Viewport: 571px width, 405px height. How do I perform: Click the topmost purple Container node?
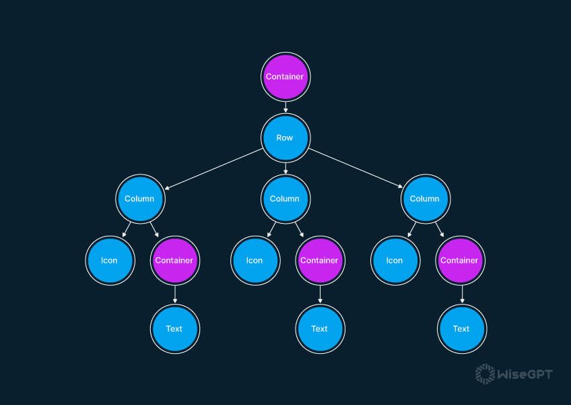(x=285, y=76)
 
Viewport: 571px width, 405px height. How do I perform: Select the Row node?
(x=285, y=137)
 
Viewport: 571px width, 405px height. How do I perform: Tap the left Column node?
(x=139, y=199)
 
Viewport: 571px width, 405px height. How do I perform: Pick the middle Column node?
(x=285, y=199)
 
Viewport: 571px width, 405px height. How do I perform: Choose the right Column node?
(x=425, y=199)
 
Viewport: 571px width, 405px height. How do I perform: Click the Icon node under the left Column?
(x=109, y=260)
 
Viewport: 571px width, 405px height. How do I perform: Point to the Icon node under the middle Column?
(x=255, y=260)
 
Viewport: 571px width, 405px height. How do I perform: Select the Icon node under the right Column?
(x=395, y=260)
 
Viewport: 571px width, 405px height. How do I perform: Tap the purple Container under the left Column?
(x=174, y=260)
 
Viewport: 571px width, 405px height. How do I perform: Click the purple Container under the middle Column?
(x=319, y=260)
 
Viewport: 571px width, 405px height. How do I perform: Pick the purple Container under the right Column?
(x=459, y=260)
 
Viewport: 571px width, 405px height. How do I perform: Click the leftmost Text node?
(x=174, y=328)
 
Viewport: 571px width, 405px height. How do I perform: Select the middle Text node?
(x=320, y=328)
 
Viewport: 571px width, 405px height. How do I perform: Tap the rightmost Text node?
(x=461, y=328)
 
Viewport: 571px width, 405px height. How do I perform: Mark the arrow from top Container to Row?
(x=285, y=106)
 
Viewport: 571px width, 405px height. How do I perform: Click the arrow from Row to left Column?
(x=212, y=168)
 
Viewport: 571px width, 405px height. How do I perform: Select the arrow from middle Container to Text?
(x=320, y=294)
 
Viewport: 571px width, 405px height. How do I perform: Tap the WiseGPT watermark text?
(x=525, y=373)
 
